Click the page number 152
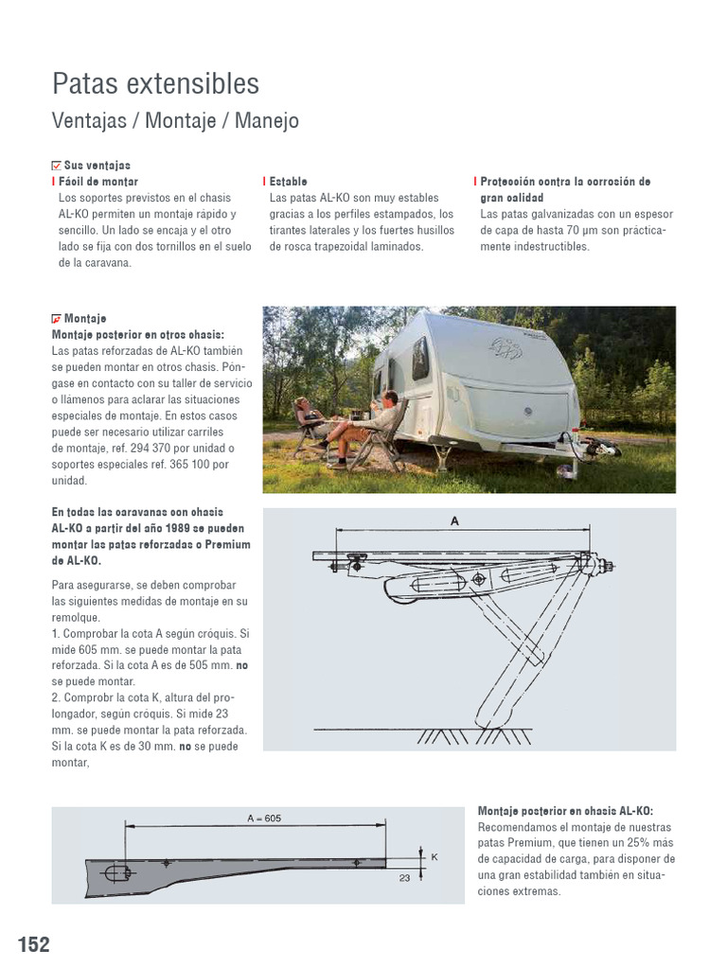coord(33,944)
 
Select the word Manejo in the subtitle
coord(267,121)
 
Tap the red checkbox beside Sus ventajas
coord(56,165)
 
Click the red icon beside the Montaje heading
coord(56,319)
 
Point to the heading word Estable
coord(288,181)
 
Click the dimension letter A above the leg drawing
coord(454,520)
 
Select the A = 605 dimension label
coord(264,819)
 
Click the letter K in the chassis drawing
coord(434,856)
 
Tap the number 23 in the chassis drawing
coord(405,878)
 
